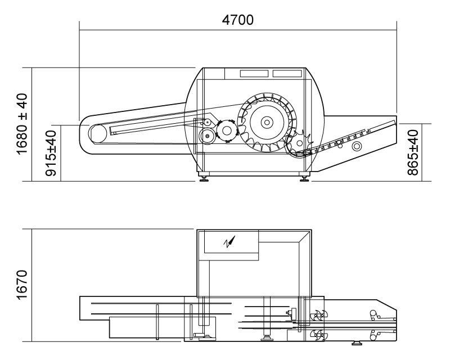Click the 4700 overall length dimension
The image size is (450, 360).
tap(237, 20)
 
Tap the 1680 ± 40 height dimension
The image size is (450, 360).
tap(22, 124)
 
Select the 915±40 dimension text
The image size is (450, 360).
tap(52, 153)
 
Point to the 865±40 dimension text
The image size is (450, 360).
tap(413, 152)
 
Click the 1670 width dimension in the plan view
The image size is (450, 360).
tap(22, 285)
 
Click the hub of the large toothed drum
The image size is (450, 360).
tap(267, 123)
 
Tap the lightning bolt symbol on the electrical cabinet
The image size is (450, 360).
tap(229, 242)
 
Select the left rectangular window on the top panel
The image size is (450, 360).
tap(254, 74)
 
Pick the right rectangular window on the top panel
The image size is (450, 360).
tap(287, 74)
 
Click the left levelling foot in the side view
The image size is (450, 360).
tap(204, 178)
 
